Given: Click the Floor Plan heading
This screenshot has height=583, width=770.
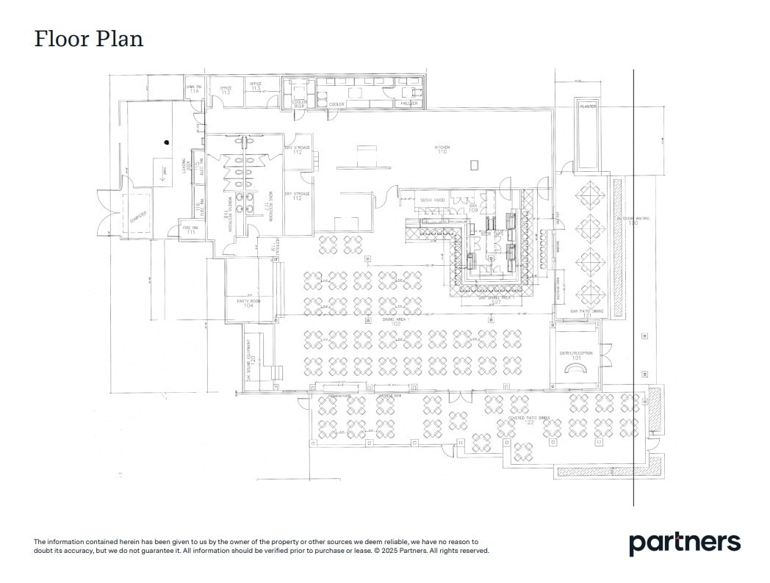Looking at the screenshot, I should point(88,38).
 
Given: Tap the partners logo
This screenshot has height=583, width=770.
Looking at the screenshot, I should point(684,543).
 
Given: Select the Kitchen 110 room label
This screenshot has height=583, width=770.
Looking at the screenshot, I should point(442,149).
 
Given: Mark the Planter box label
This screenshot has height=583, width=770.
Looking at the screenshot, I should point(587,106).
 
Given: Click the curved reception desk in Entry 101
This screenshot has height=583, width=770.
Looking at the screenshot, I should point(575,370).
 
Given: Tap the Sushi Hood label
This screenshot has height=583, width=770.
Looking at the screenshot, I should point(432,200).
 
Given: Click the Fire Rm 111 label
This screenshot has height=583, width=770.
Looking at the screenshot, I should point(190,230).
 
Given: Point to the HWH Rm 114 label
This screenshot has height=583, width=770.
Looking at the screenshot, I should point(193,89).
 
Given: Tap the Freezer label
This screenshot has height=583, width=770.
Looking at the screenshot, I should point(409,104).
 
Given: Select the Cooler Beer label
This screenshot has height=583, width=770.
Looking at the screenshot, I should point(300,104).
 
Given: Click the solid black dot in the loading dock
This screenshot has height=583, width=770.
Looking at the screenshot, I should point(167,142).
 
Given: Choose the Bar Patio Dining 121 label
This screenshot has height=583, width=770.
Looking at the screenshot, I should point(586,313).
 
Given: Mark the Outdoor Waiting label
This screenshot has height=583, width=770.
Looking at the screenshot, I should point(633,220).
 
